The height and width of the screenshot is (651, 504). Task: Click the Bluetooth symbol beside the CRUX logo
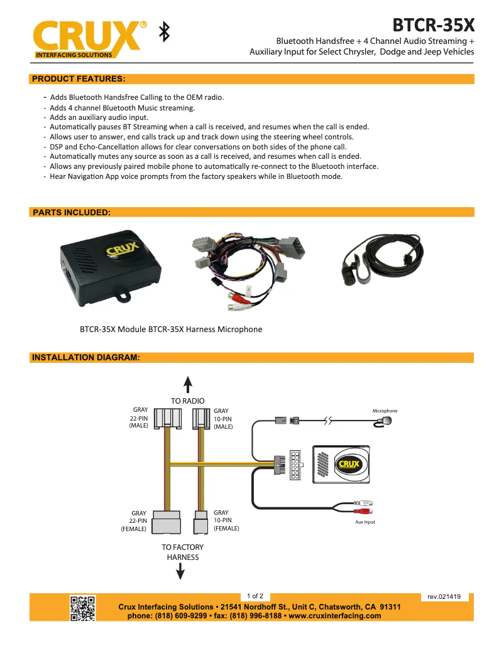click(165, 32)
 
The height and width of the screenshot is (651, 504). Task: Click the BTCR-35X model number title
click(434, 25)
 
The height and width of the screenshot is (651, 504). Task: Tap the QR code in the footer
click(83, 608)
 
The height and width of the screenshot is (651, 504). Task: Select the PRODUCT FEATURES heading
click(79, 79)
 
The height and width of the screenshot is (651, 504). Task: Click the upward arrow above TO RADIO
click(188, 384)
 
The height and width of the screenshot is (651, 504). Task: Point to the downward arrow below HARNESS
click(180, 571)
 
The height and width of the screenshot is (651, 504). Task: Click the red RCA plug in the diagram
click(363, 511)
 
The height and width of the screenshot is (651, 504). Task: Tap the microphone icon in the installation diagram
click(383, 422)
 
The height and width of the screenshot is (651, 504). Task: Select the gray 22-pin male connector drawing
click(168, 418)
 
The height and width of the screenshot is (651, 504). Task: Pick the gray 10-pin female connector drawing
click(200, 522)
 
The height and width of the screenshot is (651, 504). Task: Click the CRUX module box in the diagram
click(341, 465)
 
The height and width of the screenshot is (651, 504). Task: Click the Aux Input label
click(365, 522)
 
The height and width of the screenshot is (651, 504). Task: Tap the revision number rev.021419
click(444, 596)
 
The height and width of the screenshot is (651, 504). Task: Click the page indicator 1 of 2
click(255, 596)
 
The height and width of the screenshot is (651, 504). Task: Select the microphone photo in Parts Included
click(382, 259)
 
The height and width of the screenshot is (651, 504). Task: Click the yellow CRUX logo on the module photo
click(122, 249)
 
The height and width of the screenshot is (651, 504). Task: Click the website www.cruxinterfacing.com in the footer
click(335, 616)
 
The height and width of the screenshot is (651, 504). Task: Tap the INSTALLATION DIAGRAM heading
click(86, 357)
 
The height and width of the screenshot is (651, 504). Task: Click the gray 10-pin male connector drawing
click(201, 419)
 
